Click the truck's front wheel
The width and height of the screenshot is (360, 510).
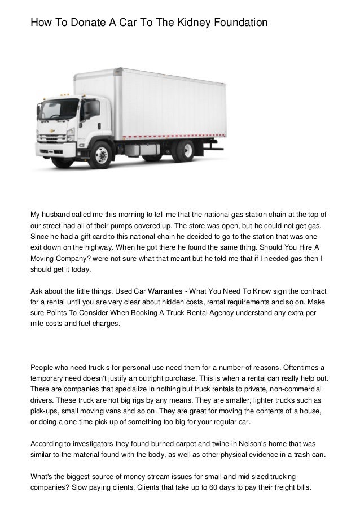coord(102,153)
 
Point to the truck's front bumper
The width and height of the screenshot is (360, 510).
coord(54,151)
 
